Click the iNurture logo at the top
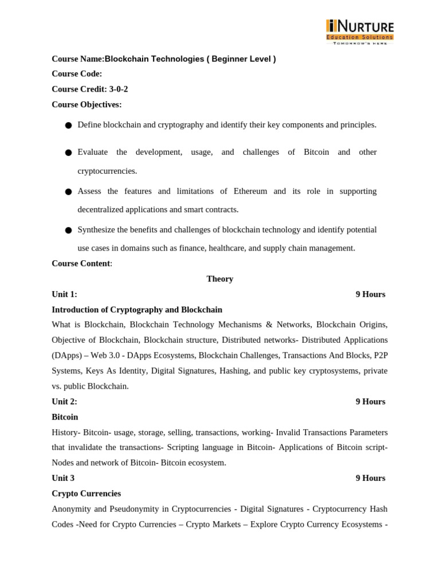click(x=360, y=32)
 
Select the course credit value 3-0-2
click(x=119, y=89)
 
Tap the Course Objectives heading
click(x=87, y=104)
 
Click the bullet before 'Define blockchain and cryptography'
click(x=68, y=126)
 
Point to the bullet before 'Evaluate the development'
click(x=68, y=152)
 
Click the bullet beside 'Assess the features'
click(x=68, y=191)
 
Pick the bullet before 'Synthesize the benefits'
click(x=68, y=230)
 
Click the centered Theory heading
click(x=220, y=279)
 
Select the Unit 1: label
click(x=64, y=295)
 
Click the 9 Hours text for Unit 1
click(x=370, y=295)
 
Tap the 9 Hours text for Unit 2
click(x=370, y=402)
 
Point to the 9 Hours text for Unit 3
click(x=370, y=478)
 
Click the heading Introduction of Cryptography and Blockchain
click(x=137, y=310)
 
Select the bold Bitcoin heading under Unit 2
click(x=65, y=417)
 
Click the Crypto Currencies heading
click(x=86, y=494)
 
